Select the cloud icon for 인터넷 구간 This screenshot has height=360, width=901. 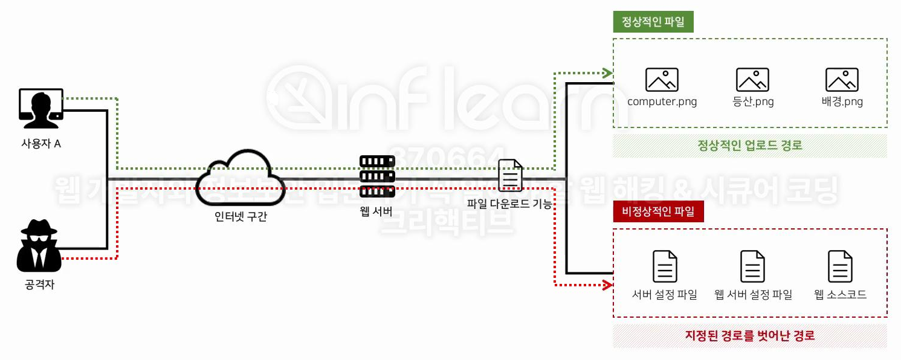(x=239, y=178)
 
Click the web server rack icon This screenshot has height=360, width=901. (x=376, y=176)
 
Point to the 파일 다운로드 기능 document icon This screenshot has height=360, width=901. (x=510, y=176)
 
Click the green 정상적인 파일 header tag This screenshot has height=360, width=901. (x=653, y=22)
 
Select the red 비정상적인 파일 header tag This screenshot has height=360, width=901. (x=658, y=212)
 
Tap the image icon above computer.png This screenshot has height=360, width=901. (x=662, y=80)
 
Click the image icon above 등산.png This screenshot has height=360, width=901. (x=752, y=80)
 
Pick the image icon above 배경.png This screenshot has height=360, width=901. (x=842, y=80)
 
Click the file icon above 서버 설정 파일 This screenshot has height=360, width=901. (x=665, y=266)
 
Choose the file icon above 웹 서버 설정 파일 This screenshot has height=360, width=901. (x=753, y=266)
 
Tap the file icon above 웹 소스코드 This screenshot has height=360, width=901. (x=841, y=266)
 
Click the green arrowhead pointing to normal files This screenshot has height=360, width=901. (x=608, y=74)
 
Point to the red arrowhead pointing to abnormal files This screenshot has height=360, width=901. (x=608, y=284)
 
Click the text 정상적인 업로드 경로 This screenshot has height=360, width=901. (x=750, y=146)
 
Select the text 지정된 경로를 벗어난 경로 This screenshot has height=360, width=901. (x=750, y=336)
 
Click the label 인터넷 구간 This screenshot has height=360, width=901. (x=241, y=216)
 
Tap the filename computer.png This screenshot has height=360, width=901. (x=662, y=101)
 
